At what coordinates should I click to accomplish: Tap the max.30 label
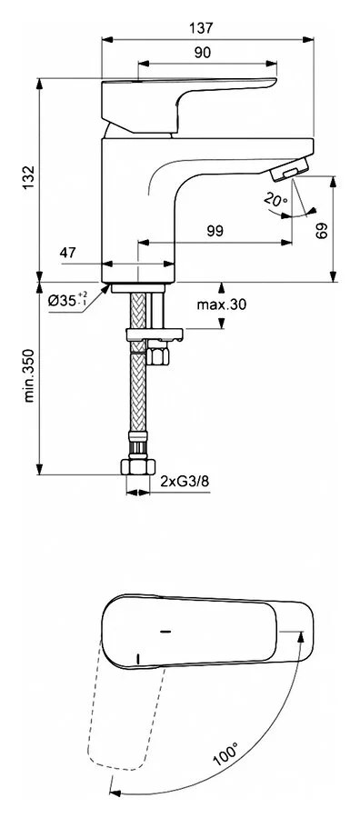pyautogui.click(x=221, y=304)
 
